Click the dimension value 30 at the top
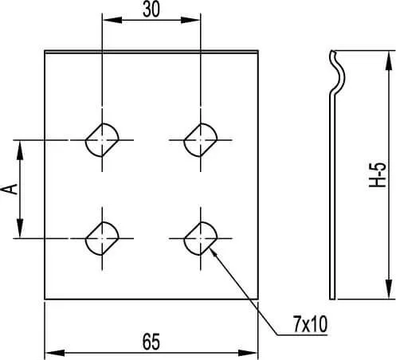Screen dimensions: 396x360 coord(151,10)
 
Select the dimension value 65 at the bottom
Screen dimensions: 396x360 coord(151,342)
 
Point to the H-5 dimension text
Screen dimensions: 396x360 coord(378,175)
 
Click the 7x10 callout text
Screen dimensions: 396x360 coord(310,324)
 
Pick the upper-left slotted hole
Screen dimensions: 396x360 coord(102,140)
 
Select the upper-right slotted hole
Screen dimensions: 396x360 coord(201,140)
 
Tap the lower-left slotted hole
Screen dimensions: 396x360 coord(102,238)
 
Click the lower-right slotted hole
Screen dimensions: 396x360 coord(201,238)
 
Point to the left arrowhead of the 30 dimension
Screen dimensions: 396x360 coord(112,20)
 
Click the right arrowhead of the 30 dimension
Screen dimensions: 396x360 coord(190,20)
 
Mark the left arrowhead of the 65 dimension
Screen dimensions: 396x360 coord(55,353)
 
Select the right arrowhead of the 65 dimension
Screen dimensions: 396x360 coord(248,353)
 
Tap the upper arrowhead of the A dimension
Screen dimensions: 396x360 coord(20,151)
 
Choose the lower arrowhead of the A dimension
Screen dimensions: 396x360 coord(20,228)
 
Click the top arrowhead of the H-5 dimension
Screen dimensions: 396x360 coord(389,61)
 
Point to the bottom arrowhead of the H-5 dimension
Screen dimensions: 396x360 coord(389,289)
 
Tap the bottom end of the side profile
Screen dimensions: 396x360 coord(332,299)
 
